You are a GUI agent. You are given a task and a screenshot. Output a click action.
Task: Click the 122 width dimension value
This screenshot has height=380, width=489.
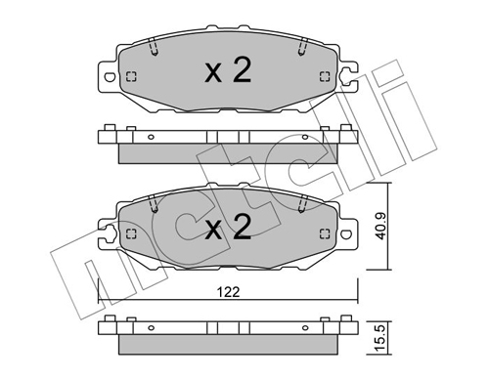point(228,292)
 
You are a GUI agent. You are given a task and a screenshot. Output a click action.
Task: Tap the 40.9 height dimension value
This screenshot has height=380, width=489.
point(380,226)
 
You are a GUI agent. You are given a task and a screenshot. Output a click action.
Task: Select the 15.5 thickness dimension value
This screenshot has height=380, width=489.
point(380,338)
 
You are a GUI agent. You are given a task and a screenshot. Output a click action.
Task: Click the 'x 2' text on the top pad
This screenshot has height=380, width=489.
point(228,70)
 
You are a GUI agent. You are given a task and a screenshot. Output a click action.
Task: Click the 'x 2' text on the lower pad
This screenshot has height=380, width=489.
point(228,228)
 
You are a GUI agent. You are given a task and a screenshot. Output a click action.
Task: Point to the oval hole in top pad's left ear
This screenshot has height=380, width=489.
point(110,77)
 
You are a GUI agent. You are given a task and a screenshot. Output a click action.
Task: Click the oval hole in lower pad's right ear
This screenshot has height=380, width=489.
point(346,233)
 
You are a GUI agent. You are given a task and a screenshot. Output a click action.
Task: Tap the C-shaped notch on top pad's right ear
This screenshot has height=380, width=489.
point(346,77)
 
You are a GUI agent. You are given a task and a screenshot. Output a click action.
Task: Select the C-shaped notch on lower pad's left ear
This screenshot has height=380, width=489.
point(110,233)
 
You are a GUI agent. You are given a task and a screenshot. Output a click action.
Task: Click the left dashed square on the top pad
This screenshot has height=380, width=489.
point(131,77)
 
